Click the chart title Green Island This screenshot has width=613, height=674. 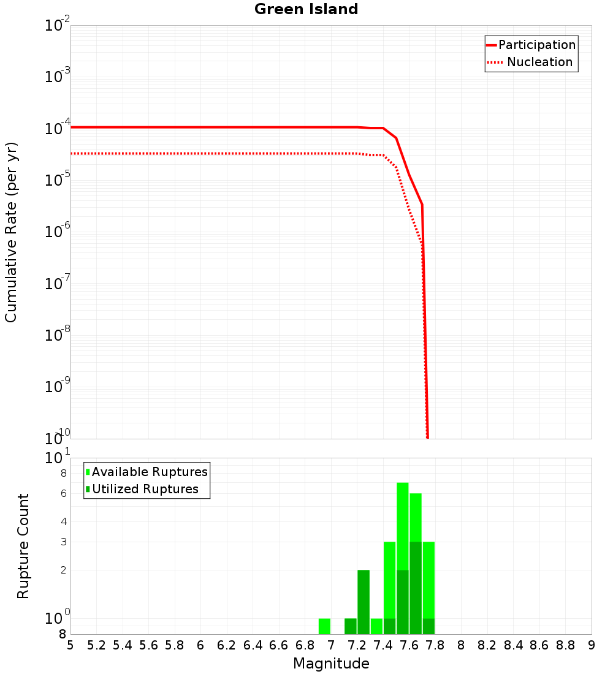pyautogui.click(x=306, y=9)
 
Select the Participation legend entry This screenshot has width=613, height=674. pyautogui.click(x=536, y=45)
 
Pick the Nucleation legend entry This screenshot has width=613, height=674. pyautogui.click(x=539, y=62)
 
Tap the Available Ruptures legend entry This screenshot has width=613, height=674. pyautogui.click(x=149, y=472)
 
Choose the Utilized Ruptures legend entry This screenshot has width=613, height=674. pyautogui.click(x=145, y=489)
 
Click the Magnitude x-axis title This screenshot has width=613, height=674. pyautogui.click(x=331, y=664)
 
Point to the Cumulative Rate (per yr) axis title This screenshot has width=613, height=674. pyautogui.click(x=11, y=232)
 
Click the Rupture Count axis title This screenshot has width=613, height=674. pyautogui.click(x=23, y=545)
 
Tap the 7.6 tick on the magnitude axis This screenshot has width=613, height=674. pyautogui.click(x=409, y=645)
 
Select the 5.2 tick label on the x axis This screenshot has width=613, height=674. pyautogui.click(x=97, y=645)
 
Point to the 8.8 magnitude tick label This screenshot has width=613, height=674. pyautogui.click(x=566, y=645)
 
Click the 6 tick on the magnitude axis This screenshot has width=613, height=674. pyautogui.click(x=200, y=645)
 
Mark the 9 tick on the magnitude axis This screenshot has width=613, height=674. pyautogui.click(x=592, y=645)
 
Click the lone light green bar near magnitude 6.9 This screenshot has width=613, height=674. pyautogui.click(x=324, y=626)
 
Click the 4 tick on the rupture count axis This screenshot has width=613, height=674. pyautogui.click(x=63, y=522)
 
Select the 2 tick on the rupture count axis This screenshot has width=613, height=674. pyautogui.click(x=63, y=570)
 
